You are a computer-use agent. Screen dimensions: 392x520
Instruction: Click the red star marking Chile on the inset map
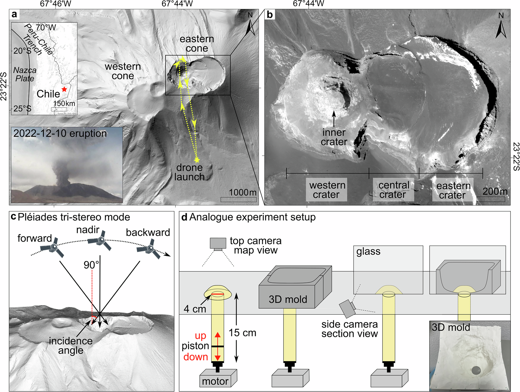[x=64, y=89]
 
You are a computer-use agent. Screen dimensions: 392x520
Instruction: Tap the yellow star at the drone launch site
[x=197, y=160]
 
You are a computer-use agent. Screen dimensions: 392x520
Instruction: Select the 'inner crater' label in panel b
[x=334, y=137]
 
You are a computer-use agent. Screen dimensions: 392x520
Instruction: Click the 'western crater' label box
[x=327, y=190]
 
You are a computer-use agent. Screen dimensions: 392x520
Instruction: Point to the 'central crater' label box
[x=393, y=190]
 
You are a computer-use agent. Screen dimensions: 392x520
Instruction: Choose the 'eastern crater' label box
[x=453, y=190]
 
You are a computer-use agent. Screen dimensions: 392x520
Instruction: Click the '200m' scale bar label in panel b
[x=495, y=191]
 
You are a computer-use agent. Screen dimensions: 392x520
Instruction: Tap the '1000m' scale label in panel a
[x=242, y=192]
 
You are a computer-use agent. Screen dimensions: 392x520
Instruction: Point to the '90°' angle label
[x=91, y=265]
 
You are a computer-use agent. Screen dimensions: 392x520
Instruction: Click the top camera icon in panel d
[x=218, y=243]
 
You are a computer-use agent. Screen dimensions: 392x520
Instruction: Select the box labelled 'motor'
[x=218, y=378]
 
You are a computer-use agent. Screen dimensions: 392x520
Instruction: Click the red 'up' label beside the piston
[x=200, y=336]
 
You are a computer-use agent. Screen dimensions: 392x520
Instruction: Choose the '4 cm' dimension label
[x=195, y=309]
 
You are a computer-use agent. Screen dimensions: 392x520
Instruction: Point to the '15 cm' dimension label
[x=242, y=332]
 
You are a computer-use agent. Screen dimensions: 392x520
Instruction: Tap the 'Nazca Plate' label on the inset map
[x=25, y=74]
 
